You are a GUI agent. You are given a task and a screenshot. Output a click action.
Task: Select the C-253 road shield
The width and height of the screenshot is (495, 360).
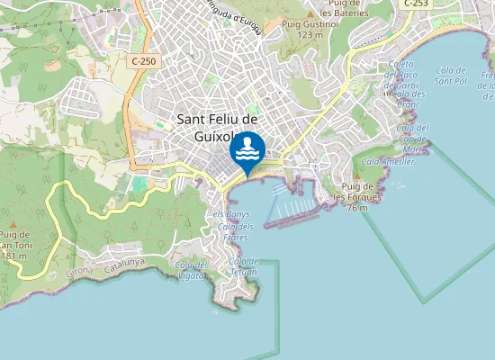(x=416, y=4)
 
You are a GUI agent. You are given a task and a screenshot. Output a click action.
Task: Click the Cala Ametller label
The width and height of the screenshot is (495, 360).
(x=388, y=161)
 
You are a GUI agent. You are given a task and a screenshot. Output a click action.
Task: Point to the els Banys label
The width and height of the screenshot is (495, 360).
(x=230, y=214)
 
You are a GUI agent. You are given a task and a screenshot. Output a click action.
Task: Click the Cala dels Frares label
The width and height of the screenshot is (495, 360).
(x=236, y=232)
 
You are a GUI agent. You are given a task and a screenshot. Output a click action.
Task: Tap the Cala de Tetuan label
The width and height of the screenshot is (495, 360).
(x=244, y=265)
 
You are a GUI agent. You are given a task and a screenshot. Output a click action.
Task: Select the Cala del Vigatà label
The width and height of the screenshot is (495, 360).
(x=191, y=269)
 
